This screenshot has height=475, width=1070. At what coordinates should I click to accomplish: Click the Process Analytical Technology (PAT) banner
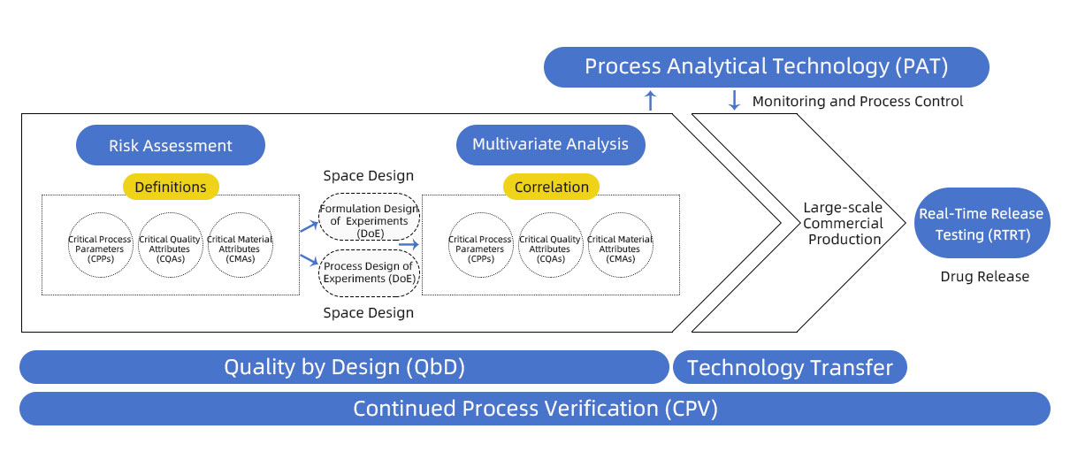(766, 67)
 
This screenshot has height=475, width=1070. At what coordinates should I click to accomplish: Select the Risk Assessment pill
(171, 145)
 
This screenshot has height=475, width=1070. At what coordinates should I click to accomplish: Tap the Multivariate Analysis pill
(551, 145)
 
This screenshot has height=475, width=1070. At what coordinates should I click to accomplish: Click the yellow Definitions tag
(171, 187)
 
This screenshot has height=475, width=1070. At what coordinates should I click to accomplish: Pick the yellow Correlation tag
(551, 187)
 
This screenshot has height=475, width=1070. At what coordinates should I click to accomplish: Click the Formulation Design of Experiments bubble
(370, 217)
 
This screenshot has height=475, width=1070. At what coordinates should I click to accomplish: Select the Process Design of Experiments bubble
(370, 273)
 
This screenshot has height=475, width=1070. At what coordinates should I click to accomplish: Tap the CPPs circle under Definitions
(100, 245)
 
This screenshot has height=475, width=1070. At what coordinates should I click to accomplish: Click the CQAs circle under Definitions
(170, 245)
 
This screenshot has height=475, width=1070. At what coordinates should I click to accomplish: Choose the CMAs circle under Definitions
(241, 245)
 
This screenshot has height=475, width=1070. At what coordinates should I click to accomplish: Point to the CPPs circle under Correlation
(480, 245)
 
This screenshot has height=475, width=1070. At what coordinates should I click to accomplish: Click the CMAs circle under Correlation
(621, 245)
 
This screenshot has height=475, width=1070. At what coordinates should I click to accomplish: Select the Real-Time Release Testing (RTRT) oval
(982, 223)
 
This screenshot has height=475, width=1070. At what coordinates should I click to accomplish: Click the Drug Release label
(984, 276)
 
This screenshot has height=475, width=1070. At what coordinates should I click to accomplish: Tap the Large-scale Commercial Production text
(843, 223)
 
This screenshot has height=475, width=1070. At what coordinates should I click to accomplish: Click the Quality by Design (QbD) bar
(344, 367)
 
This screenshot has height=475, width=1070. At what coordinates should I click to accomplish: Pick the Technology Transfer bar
(790, 367)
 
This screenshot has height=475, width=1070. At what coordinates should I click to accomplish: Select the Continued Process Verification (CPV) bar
(535, 409)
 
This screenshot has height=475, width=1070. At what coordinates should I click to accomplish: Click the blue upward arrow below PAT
(650, 100)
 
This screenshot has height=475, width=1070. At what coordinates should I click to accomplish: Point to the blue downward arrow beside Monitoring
(734, 100)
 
